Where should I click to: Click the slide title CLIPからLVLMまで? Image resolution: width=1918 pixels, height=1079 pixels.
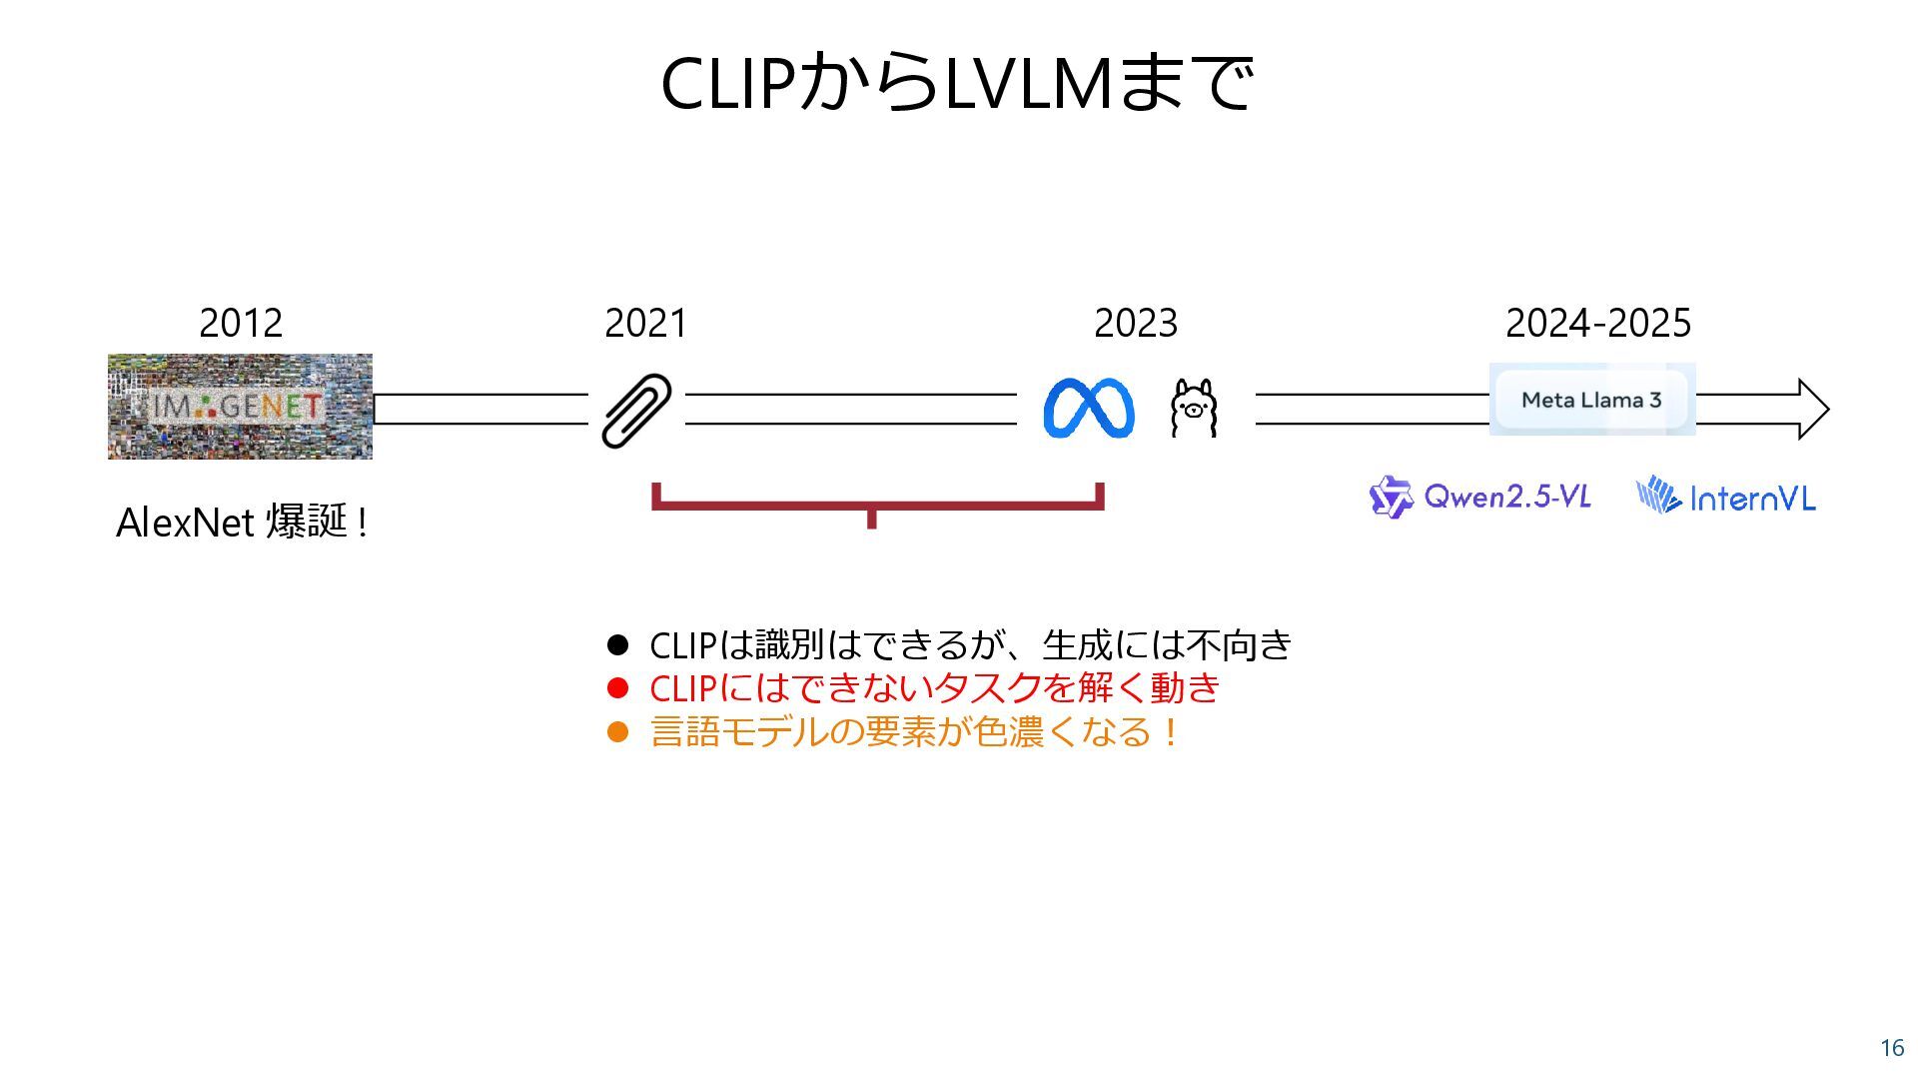pos(956,82)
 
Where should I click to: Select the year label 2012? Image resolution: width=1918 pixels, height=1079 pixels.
pos(241,323)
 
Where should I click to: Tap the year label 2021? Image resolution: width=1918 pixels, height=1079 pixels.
pos(645,323)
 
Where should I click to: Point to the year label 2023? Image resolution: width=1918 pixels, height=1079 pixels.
pos(1136,323)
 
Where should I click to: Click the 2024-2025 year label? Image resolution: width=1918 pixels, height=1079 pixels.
pos(1597,323)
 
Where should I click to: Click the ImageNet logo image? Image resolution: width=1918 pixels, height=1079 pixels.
pos(240,407)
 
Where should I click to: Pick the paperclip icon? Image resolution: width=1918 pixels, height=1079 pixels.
pos(636,410)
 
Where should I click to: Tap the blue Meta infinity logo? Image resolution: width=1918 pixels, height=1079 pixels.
pos(1088,408)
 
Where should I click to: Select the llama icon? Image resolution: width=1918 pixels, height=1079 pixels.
pos(1194,408)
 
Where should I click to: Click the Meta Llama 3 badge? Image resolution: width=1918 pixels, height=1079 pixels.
pos(1591,400)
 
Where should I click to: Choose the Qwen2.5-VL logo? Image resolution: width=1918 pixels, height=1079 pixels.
pos(1479,497)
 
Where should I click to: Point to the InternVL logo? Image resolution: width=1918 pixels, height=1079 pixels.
pos(1725,497)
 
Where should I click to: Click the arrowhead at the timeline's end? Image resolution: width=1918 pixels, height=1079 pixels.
pos(1812,409)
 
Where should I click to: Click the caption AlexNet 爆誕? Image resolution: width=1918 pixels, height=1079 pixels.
pos(242,523)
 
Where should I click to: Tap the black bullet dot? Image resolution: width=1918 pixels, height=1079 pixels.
pos(618,645)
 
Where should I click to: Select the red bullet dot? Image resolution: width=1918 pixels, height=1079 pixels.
pos(618,688)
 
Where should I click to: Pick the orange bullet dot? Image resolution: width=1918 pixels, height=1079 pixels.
pos(618,732)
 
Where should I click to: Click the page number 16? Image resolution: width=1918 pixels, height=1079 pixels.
pos(1892,1048)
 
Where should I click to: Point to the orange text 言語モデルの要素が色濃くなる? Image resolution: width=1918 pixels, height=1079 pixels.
pos(914,732)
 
